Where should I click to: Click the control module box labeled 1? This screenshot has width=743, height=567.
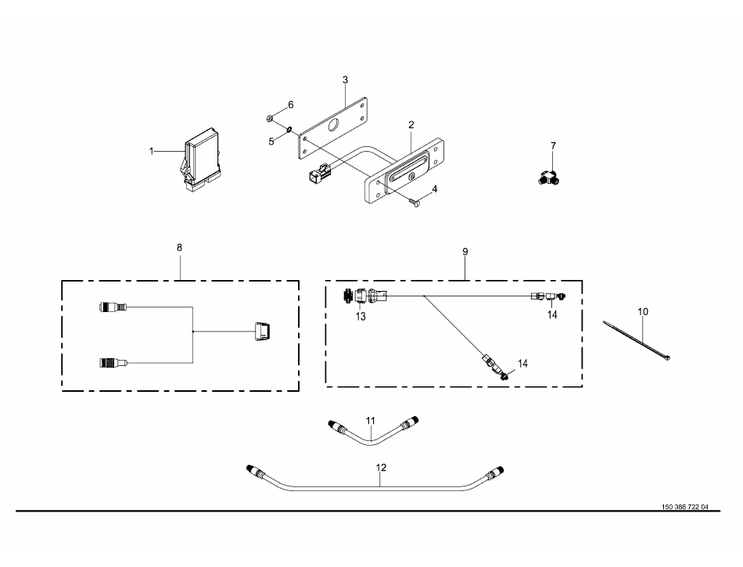click(200, 160)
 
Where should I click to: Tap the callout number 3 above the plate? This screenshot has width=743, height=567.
click(345, 80)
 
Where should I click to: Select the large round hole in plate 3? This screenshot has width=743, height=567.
click(333, 125)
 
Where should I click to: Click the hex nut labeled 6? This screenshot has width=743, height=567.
click(270, 118)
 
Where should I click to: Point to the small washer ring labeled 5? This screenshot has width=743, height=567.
click(289, 129)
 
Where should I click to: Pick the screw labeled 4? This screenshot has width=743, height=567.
click(414, 203)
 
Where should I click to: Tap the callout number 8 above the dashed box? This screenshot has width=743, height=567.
click(179, 248)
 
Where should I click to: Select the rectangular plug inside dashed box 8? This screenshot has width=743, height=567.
click(262, 332)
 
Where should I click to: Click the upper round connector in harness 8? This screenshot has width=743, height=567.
click(113, 307)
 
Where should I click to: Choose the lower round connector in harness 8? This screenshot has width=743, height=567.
click(113, 363)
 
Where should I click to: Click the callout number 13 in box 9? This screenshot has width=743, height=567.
click(361, 317)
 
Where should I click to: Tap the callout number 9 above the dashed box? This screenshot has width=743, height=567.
click(465, 252)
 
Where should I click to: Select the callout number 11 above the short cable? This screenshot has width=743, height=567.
click(371, 421)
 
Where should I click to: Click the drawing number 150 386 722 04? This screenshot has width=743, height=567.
click(684, 507)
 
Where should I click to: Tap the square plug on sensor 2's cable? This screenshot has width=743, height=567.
click(316, 172)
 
